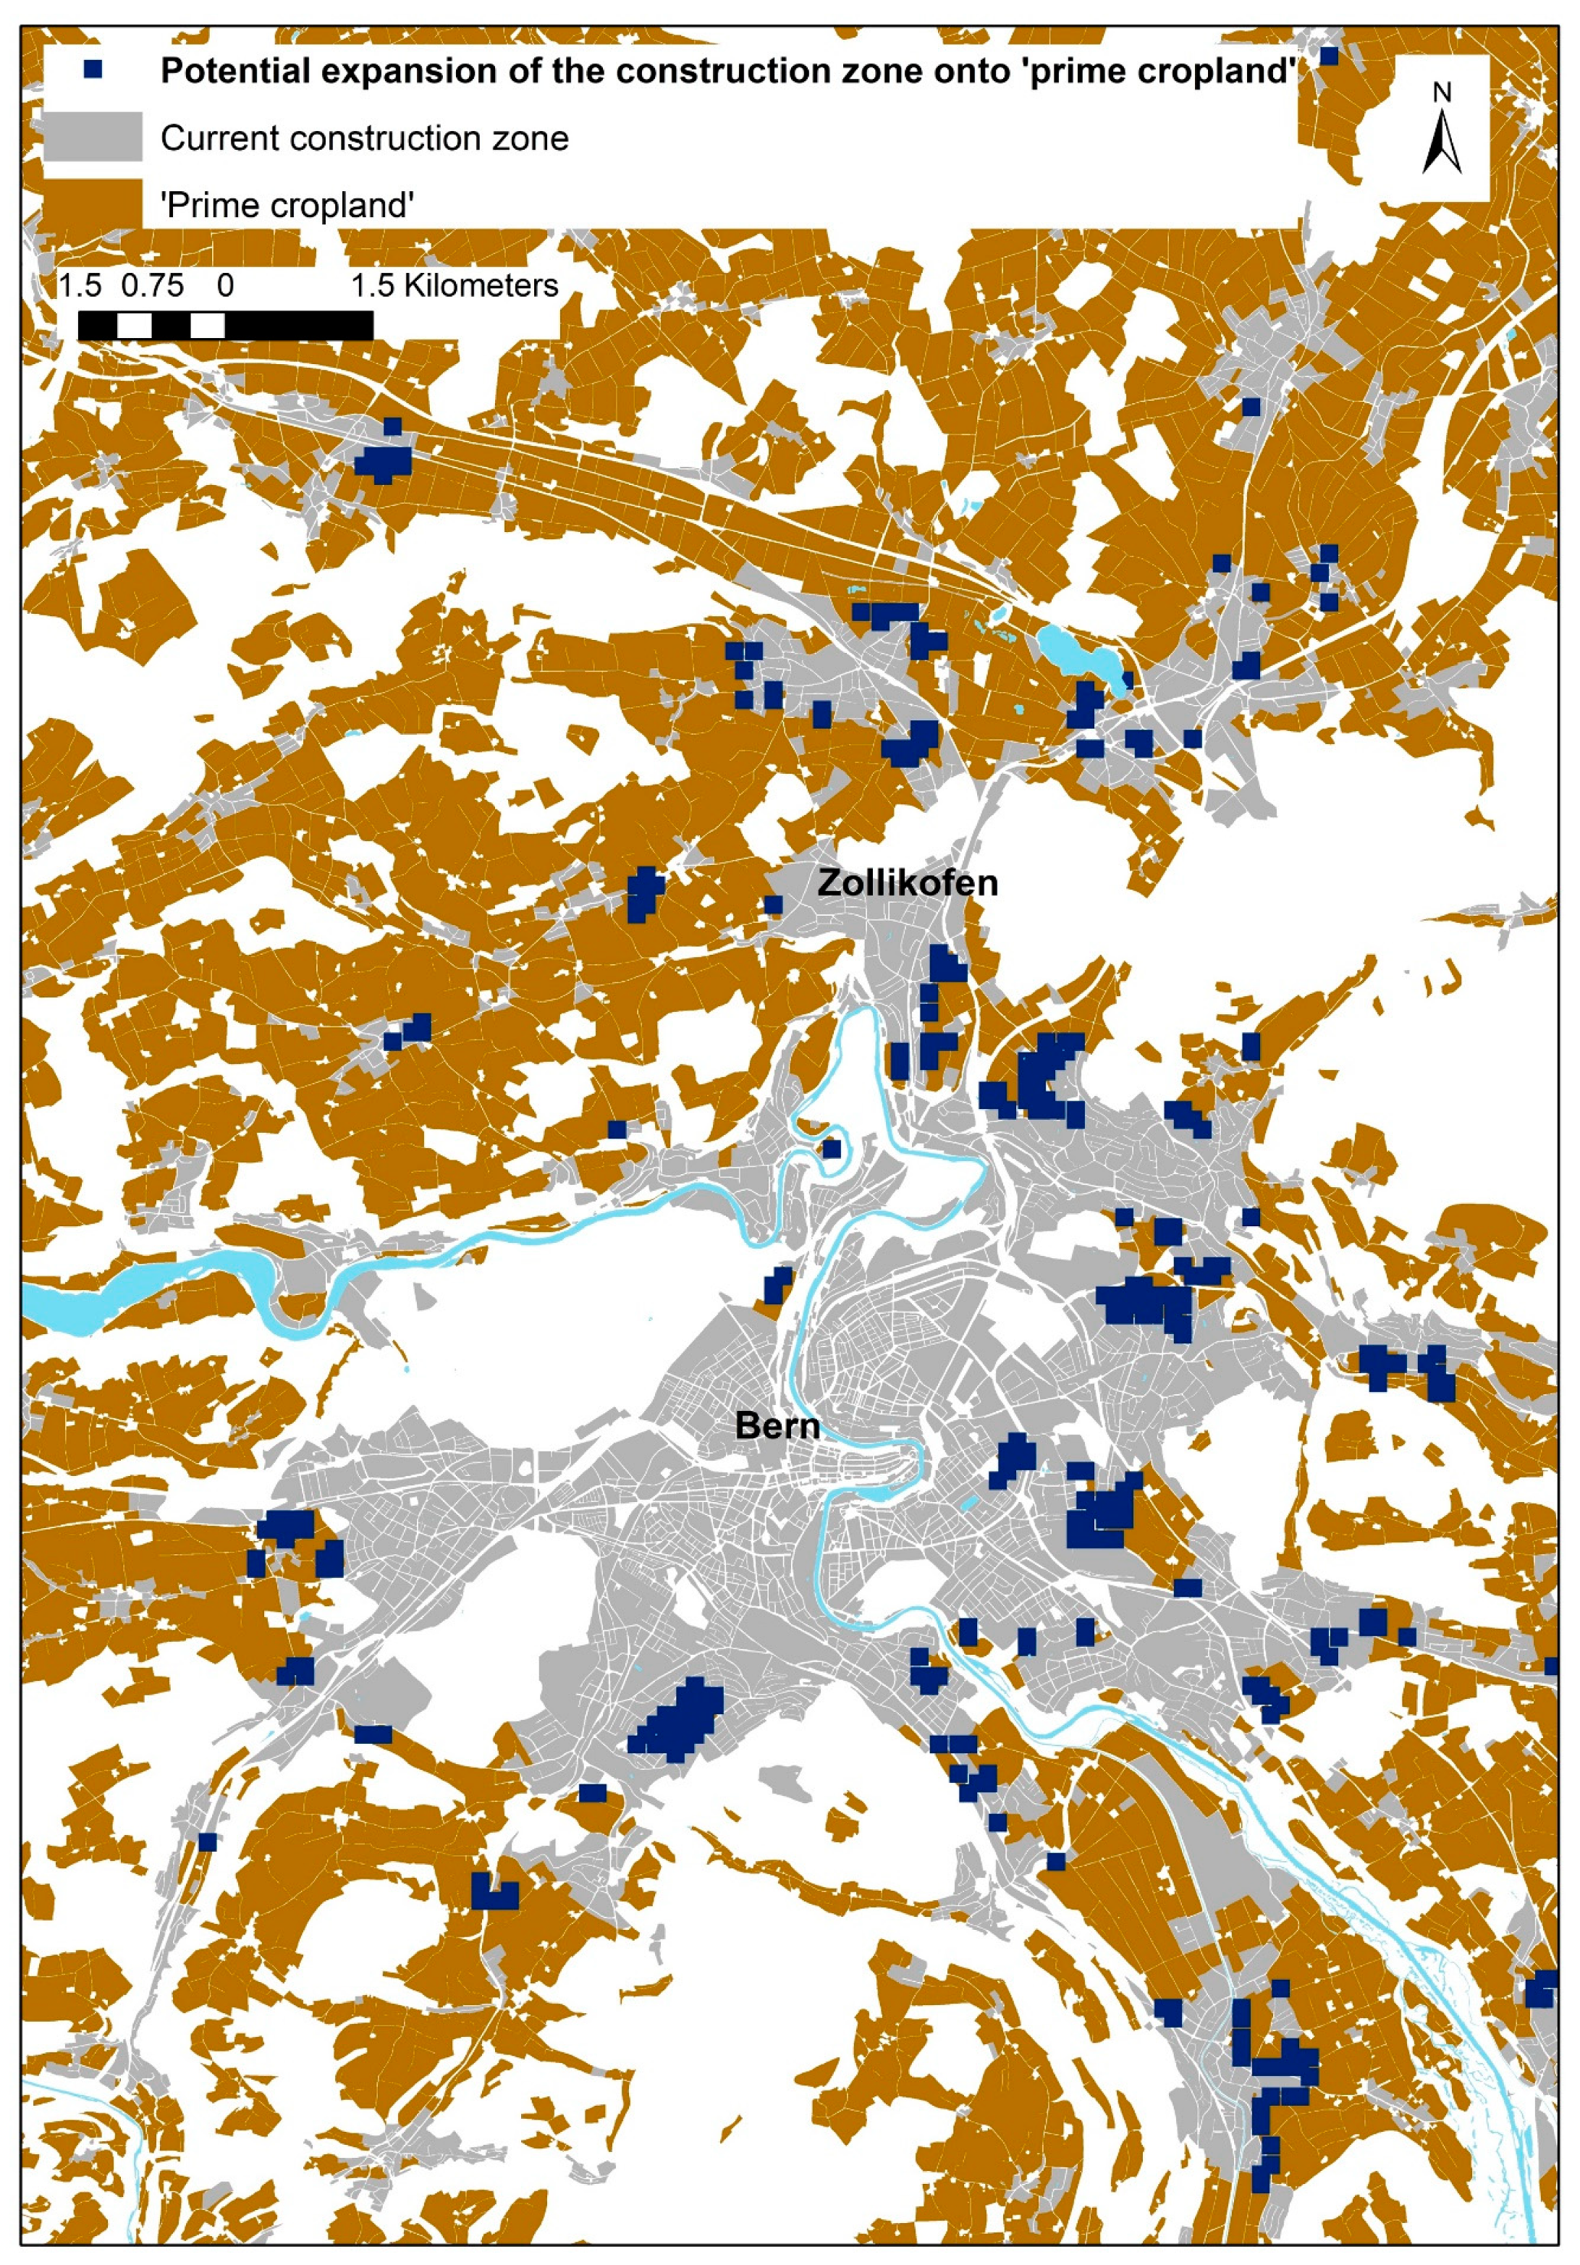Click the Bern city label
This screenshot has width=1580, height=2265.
click(x=777, y=1425)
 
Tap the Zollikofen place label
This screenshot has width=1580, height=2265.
click(x=908, y=882)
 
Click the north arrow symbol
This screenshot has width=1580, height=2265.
click(x=1442, y=144)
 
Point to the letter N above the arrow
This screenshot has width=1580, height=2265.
click(x=1442, y=93)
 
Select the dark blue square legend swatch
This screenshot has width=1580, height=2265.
click(x=93, y=70)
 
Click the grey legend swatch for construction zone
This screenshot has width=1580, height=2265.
click(x=93, y=137)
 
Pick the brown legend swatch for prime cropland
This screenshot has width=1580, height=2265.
click(x=93, y=204)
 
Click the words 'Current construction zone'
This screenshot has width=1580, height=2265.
click(x=364, y=138)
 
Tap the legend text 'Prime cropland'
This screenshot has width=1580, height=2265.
click(x=287, y=205)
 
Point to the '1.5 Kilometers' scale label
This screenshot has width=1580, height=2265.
click(x=455, y=286)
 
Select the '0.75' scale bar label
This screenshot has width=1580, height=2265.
click(x=153, y=286)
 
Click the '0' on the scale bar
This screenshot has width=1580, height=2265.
click(x=226, y=286)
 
